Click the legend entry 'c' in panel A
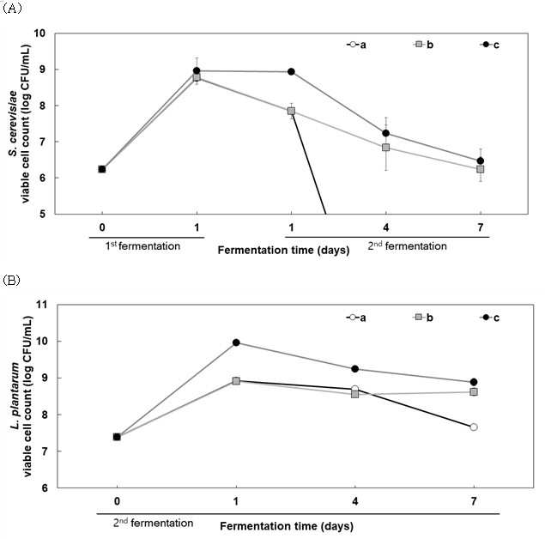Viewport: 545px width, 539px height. click(x=490, y=45)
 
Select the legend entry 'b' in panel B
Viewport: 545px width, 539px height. click(x=423, y=318)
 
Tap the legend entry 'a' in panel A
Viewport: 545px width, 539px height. click(x=356, y=45)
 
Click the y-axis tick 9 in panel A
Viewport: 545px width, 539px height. click(x=42, y=70)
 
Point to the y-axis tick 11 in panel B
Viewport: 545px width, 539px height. click(x=42, y=305)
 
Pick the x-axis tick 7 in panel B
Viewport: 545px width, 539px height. click(x=474, y=501)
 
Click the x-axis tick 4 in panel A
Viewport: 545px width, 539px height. click(x=386, y=227)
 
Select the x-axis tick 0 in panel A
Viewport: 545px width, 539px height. click(x=102, y=227)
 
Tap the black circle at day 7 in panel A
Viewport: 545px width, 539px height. click(x=481, y=160)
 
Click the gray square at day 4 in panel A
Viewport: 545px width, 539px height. click(x=386, y=148)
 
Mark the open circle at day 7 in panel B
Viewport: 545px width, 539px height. click(x=474, y=427)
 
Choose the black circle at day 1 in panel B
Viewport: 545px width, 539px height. click(x=236, y=342)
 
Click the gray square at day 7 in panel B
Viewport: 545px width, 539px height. click(x=474, y=391)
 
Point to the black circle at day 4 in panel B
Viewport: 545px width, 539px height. click(x=354, y=369)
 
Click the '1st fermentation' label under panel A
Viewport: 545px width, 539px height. click(x=142, y=246)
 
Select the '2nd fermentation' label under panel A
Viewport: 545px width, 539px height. click(x=408, y=246)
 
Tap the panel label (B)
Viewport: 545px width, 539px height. click(x=11, y=280)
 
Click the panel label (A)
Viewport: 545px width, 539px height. click(x=12, y=9)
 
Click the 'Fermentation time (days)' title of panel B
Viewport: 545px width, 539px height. click(x=287, y=526)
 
